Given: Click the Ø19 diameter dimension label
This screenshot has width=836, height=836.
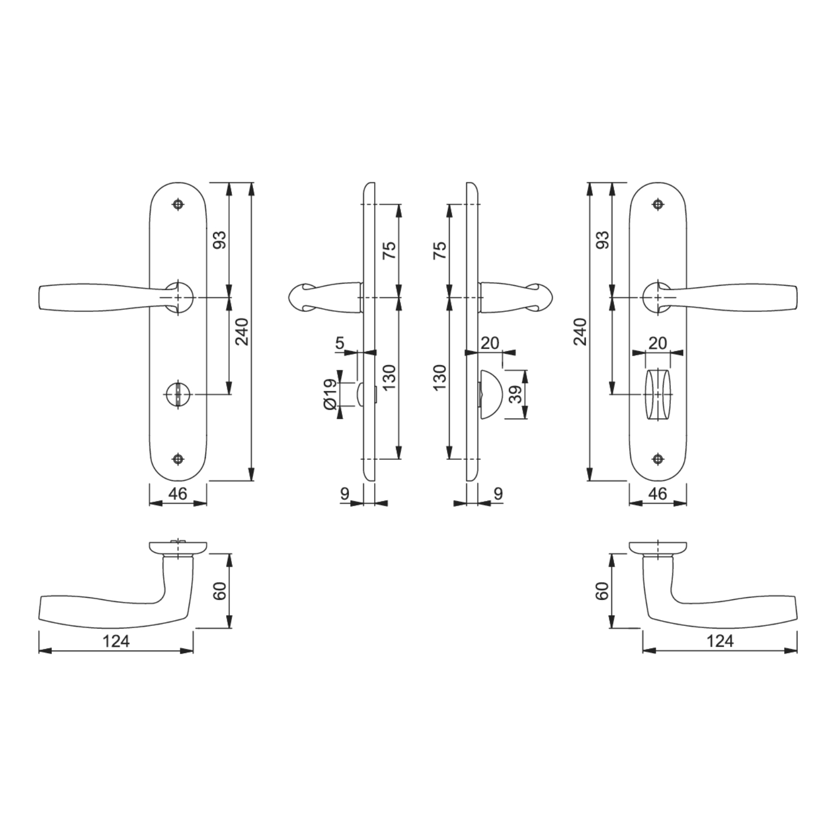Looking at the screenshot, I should tap(329, 394).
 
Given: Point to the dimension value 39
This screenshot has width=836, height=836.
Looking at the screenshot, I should tap(516, 394).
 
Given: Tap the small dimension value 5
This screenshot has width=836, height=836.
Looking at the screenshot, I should tap(340, 343).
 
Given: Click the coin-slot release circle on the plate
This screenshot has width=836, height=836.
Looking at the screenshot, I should tap(177, 394).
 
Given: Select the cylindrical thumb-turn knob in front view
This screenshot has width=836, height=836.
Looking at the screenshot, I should tap(658, 394).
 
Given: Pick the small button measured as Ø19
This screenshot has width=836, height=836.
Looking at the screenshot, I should tap(361, 394).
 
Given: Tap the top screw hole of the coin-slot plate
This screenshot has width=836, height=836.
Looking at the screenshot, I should tap(179, 204).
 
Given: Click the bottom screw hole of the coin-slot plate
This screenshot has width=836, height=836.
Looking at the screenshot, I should tap(179, 459).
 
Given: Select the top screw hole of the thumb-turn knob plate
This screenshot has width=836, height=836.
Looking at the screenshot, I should tap(658, 204).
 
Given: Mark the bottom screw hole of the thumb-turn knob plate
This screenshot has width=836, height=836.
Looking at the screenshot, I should tap(658, 459).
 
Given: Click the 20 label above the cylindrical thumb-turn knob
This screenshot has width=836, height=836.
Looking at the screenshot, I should tap(658, 343).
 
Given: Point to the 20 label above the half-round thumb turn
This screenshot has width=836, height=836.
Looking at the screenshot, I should tap(490, 343).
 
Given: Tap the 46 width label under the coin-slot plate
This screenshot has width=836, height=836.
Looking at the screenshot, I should tap(178, 493).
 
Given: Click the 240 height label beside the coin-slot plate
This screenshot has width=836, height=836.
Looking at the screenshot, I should tap(242, 332).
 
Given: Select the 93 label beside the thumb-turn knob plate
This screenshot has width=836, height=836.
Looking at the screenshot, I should tap(602, 240).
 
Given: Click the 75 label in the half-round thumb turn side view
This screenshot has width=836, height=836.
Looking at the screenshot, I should tap(440, 250).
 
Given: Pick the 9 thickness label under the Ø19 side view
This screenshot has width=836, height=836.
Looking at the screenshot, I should tap(344, 493).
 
